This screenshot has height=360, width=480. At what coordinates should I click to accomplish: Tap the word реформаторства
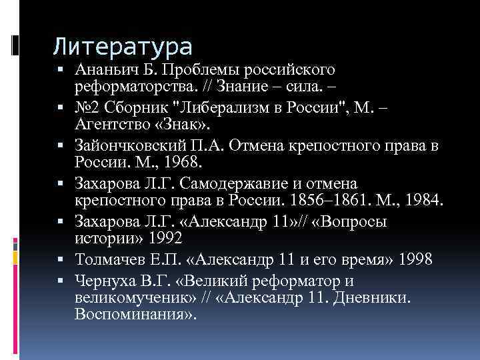(x=133, y=86)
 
